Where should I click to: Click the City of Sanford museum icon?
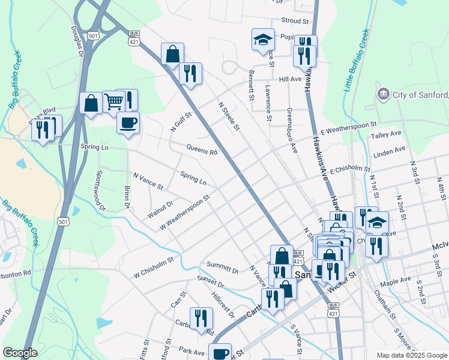pyautogui.click(x=382, y=94)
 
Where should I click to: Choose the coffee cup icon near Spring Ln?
pyautogui.click(x=128, y=123)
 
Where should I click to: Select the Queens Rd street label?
pyautogui.click(x=202, y=150)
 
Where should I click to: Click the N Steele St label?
pyautogui.click(x=229, y=116)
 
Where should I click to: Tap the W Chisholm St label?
pyautogui.click(x=154, y=262)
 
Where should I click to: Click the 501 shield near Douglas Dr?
pyautogui.click(x=93, y=36)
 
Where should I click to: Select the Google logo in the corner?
pyautogui.click(x=20, y=353)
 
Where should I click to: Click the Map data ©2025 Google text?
pyautogui.click(x=412, y=355)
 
